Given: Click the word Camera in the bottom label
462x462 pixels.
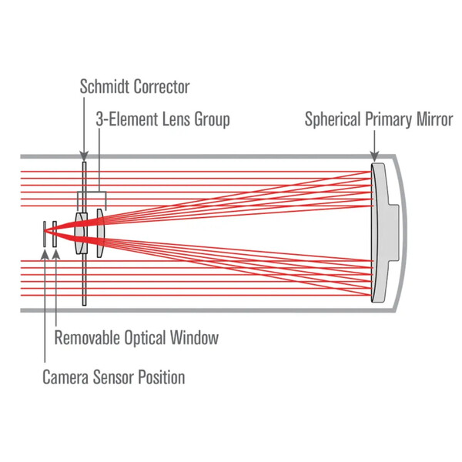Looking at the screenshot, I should pyautogui.click(x=65, y=377).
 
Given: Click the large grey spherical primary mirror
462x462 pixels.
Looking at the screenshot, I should pyautogui.click(x=380, y=231).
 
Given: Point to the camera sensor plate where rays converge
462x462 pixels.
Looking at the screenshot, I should pyautogui.click(x=45, y=231).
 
